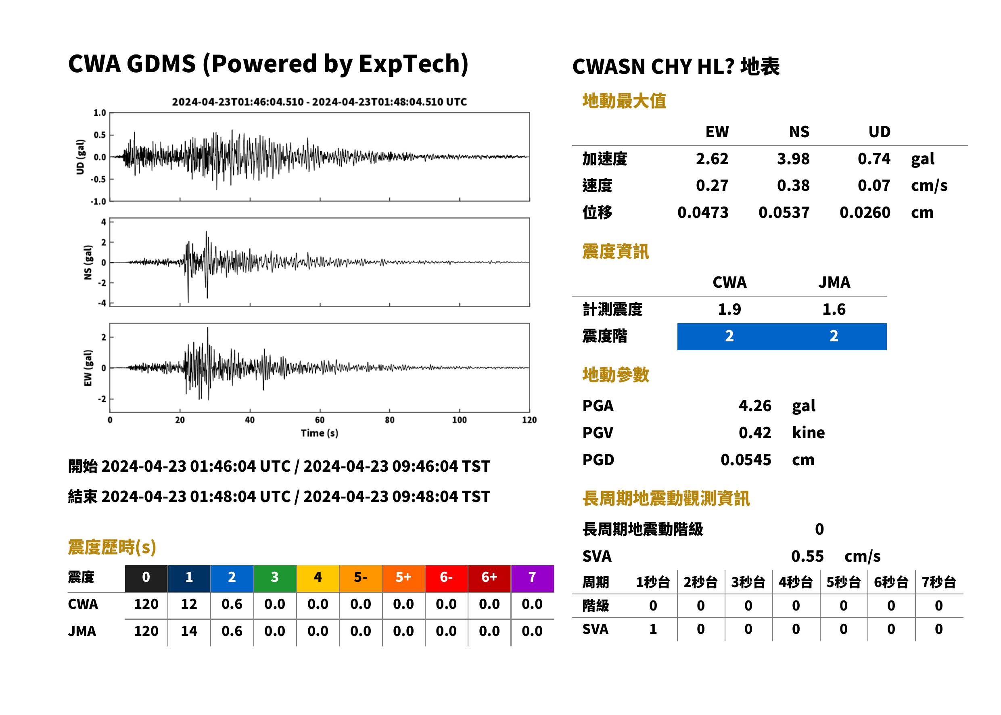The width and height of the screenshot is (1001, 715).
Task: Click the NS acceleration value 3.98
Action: pyautogui.click(x=793, y=159)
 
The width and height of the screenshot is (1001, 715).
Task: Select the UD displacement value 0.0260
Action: pyautogui.click(x=865, y=213)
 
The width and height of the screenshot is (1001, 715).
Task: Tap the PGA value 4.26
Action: pyautogui.click(x=754, y=406)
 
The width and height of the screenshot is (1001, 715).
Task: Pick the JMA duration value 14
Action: pyautogui.click(x=189, y=631)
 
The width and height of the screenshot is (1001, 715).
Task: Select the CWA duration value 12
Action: pyautogui.click(x=189, y=604)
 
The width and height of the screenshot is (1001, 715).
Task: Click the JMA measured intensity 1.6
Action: pyautogui.click(x=834, y=309)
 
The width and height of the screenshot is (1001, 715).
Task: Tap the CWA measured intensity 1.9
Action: pyautogui.click(x=729, y=309)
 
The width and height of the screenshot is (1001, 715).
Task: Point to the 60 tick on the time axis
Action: pyautogui.click(x=320, y=420)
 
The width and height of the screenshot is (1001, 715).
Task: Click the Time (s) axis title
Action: pyautogui.click(x=320, y=433)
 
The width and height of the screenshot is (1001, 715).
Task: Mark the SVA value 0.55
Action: pyautogui.click(x=807, y=556)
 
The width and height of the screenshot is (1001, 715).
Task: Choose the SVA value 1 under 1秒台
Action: pyautogui.click(x=653, y=629)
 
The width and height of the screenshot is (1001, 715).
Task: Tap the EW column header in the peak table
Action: pyautogui.click(x=717, y=132)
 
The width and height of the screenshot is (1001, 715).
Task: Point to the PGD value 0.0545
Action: pyautogui.click(x=746, y=460)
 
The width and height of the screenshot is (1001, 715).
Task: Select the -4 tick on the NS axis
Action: pyautogui.click(x=102, y=303)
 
